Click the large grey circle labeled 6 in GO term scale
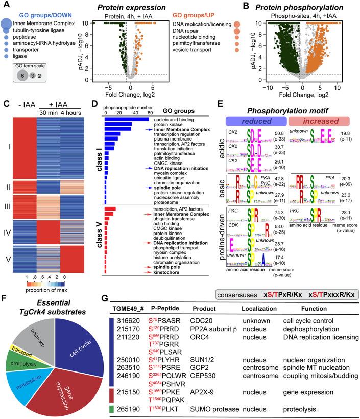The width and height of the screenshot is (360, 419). (x=21, y=75)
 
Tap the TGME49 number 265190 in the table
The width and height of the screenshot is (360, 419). (x=126, y=408)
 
